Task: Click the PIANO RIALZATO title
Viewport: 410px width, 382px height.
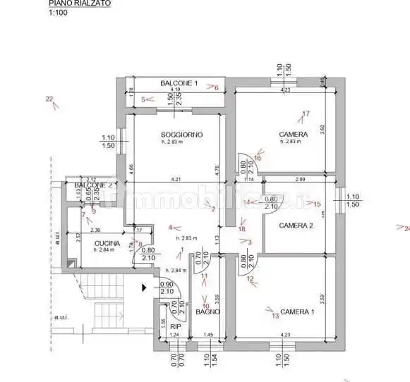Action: point(80,4)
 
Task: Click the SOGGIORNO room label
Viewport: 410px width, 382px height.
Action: point(181,135)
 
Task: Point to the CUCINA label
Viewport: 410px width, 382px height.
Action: point(107,243)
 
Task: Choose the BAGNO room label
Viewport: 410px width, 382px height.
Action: point(209,312)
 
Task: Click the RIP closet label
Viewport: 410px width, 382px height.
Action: point(176,326)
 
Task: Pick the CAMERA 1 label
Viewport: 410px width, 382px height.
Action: point(297,312)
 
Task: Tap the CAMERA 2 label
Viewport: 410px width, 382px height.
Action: point(296,226)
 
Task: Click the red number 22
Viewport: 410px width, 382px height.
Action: point(49,99)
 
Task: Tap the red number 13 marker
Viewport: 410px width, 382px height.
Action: point(275,315)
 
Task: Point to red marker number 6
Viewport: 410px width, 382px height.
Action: point(216,88)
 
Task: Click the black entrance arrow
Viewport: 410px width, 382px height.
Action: point(145,287)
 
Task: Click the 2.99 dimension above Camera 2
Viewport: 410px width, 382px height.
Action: point(300,179)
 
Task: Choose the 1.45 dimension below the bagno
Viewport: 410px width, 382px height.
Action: point(208,334)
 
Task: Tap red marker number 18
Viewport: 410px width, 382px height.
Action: point(242,228)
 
